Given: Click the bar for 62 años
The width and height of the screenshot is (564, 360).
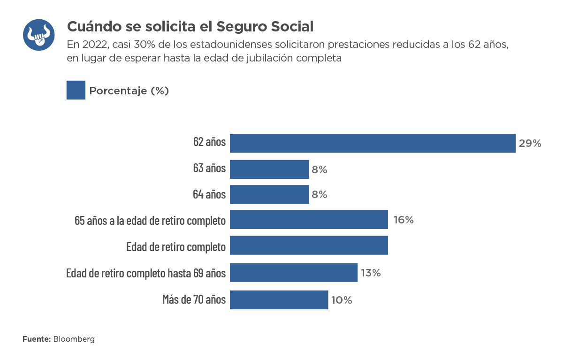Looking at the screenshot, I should click(373, 143).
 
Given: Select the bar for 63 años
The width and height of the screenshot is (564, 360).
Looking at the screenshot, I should click(269, 169).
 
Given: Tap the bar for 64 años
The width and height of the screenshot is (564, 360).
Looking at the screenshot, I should click(269, 194).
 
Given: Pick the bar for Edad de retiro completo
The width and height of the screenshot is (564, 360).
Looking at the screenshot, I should click(309, 245).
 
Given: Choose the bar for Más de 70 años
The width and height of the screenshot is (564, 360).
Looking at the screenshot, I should click(279, 300).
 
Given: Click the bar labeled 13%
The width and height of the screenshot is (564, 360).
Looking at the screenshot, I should click(294, 273).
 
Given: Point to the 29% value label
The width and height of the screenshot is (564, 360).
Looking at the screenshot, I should click(530, 144).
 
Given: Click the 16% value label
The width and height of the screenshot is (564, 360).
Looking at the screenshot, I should click(404, 220).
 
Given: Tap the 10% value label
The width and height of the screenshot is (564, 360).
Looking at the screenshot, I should click(342, 300).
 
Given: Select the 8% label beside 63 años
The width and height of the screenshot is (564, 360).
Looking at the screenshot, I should click(320, 170).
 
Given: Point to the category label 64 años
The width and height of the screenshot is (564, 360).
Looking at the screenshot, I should click(209, 194).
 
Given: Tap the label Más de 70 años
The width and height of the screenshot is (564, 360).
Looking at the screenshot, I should click(194, 299).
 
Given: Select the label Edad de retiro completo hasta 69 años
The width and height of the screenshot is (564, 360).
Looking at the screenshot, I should click(146, 273).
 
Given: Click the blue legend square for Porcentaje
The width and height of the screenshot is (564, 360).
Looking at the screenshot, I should click(76, 90).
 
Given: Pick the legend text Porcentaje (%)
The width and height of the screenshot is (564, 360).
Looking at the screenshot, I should click(129, 91).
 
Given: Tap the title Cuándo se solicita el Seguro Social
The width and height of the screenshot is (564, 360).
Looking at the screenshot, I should click(190, 26).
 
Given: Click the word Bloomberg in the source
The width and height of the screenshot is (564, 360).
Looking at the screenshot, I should click(74, 339).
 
